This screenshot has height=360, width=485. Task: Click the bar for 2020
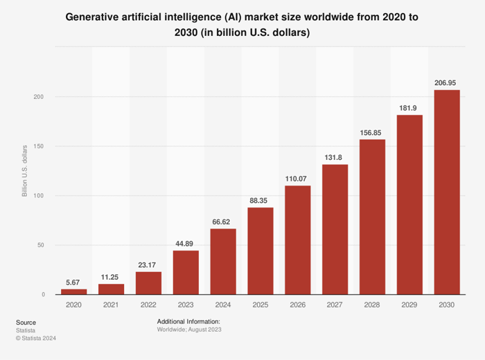tap(73, 291)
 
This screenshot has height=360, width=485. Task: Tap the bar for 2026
tap(298, 240)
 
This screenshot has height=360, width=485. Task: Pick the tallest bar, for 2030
tap(447, 192)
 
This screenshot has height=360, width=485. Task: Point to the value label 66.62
tap(223, 221)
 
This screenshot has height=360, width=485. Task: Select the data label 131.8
tap(335, 156)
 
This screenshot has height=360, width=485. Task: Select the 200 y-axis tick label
tap(38, 97)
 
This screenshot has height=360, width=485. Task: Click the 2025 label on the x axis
tap(261, 305)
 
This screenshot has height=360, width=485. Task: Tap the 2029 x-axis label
tap(410, 305)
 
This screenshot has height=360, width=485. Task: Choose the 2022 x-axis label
tap(148, 305)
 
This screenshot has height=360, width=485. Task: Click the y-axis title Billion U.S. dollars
tap(25, 170)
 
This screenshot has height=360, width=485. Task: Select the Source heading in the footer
tap(26, 322)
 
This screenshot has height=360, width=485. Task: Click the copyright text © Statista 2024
tap(35, 338)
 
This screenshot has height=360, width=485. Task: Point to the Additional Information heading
tap(188, 321)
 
